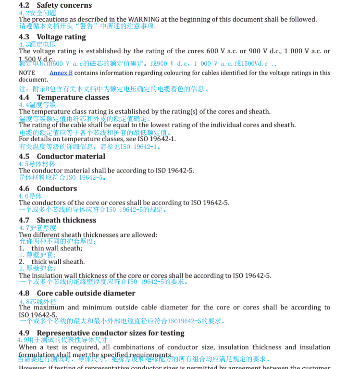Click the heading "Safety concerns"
coord(64,5)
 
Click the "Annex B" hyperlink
coord(61,73)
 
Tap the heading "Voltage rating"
coord(61,37)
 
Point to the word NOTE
coord(27,73)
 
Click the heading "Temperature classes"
coord(73,98)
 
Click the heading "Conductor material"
coord(71,157)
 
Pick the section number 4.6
coord(24,189)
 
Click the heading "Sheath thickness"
coord(66,221)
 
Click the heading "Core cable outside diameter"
coord(86,293)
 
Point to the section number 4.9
coord(24,333)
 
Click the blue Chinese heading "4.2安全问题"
coord(37,13)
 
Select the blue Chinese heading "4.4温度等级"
coord(37,105)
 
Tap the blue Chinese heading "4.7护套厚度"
coord(37,228)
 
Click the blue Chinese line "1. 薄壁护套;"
coord(37,255)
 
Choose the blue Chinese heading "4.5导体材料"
coord(37,164)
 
